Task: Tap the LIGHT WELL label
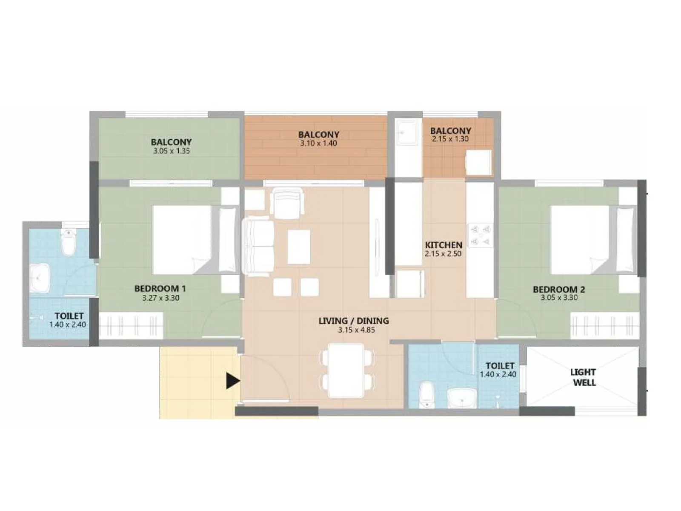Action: [584, 377]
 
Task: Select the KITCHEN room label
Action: [444, 245]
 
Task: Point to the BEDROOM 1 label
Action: [160, 288]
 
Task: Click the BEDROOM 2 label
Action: [558, 289]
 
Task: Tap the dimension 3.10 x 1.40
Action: [318, 144]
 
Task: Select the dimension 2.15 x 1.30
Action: [450, 139]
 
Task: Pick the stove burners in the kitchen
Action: [481, 235]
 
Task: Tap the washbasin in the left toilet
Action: [40, 278]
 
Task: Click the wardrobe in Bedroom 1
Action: [131, 326]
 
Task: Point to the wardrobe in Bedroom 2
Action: [604, 326]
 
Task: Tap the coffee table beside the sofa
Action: [299, 247]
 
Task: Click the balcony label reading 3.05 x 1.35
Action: [171, 151]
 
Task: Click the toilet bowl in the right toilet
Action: [426, 395]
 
